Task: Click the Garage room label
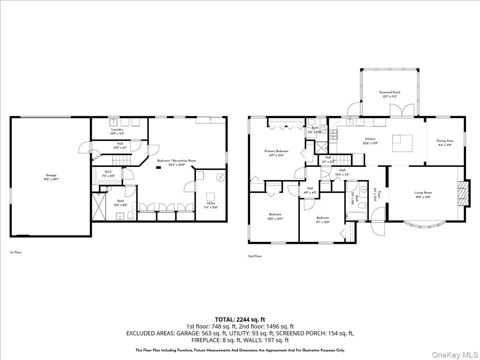[x=51, y=175]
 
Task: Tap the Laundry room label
[x=117, y=130]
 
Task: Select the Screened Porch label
[x=390, y=92]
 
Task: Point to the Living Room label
[x=423, y=193]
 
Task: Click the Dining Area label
[x=444, y=141]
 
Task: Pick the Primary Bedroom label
[x=276, y=151]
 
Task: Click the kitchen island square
[x=402, y=143]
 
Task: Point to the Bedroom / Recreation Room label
[x=176, y=161]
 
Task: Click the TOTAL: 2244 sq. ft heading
[x=240, y=319]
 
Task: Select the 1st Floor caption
[x=16, y=252]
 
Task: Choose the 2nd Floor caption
[x=254, y=256]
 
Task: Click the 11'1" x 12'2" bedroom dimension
[x=323, y=222]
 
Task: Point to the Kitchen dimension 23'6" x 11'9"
[x=370, y=143]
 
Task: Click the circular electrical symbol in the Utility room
[x=219, y=177]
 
